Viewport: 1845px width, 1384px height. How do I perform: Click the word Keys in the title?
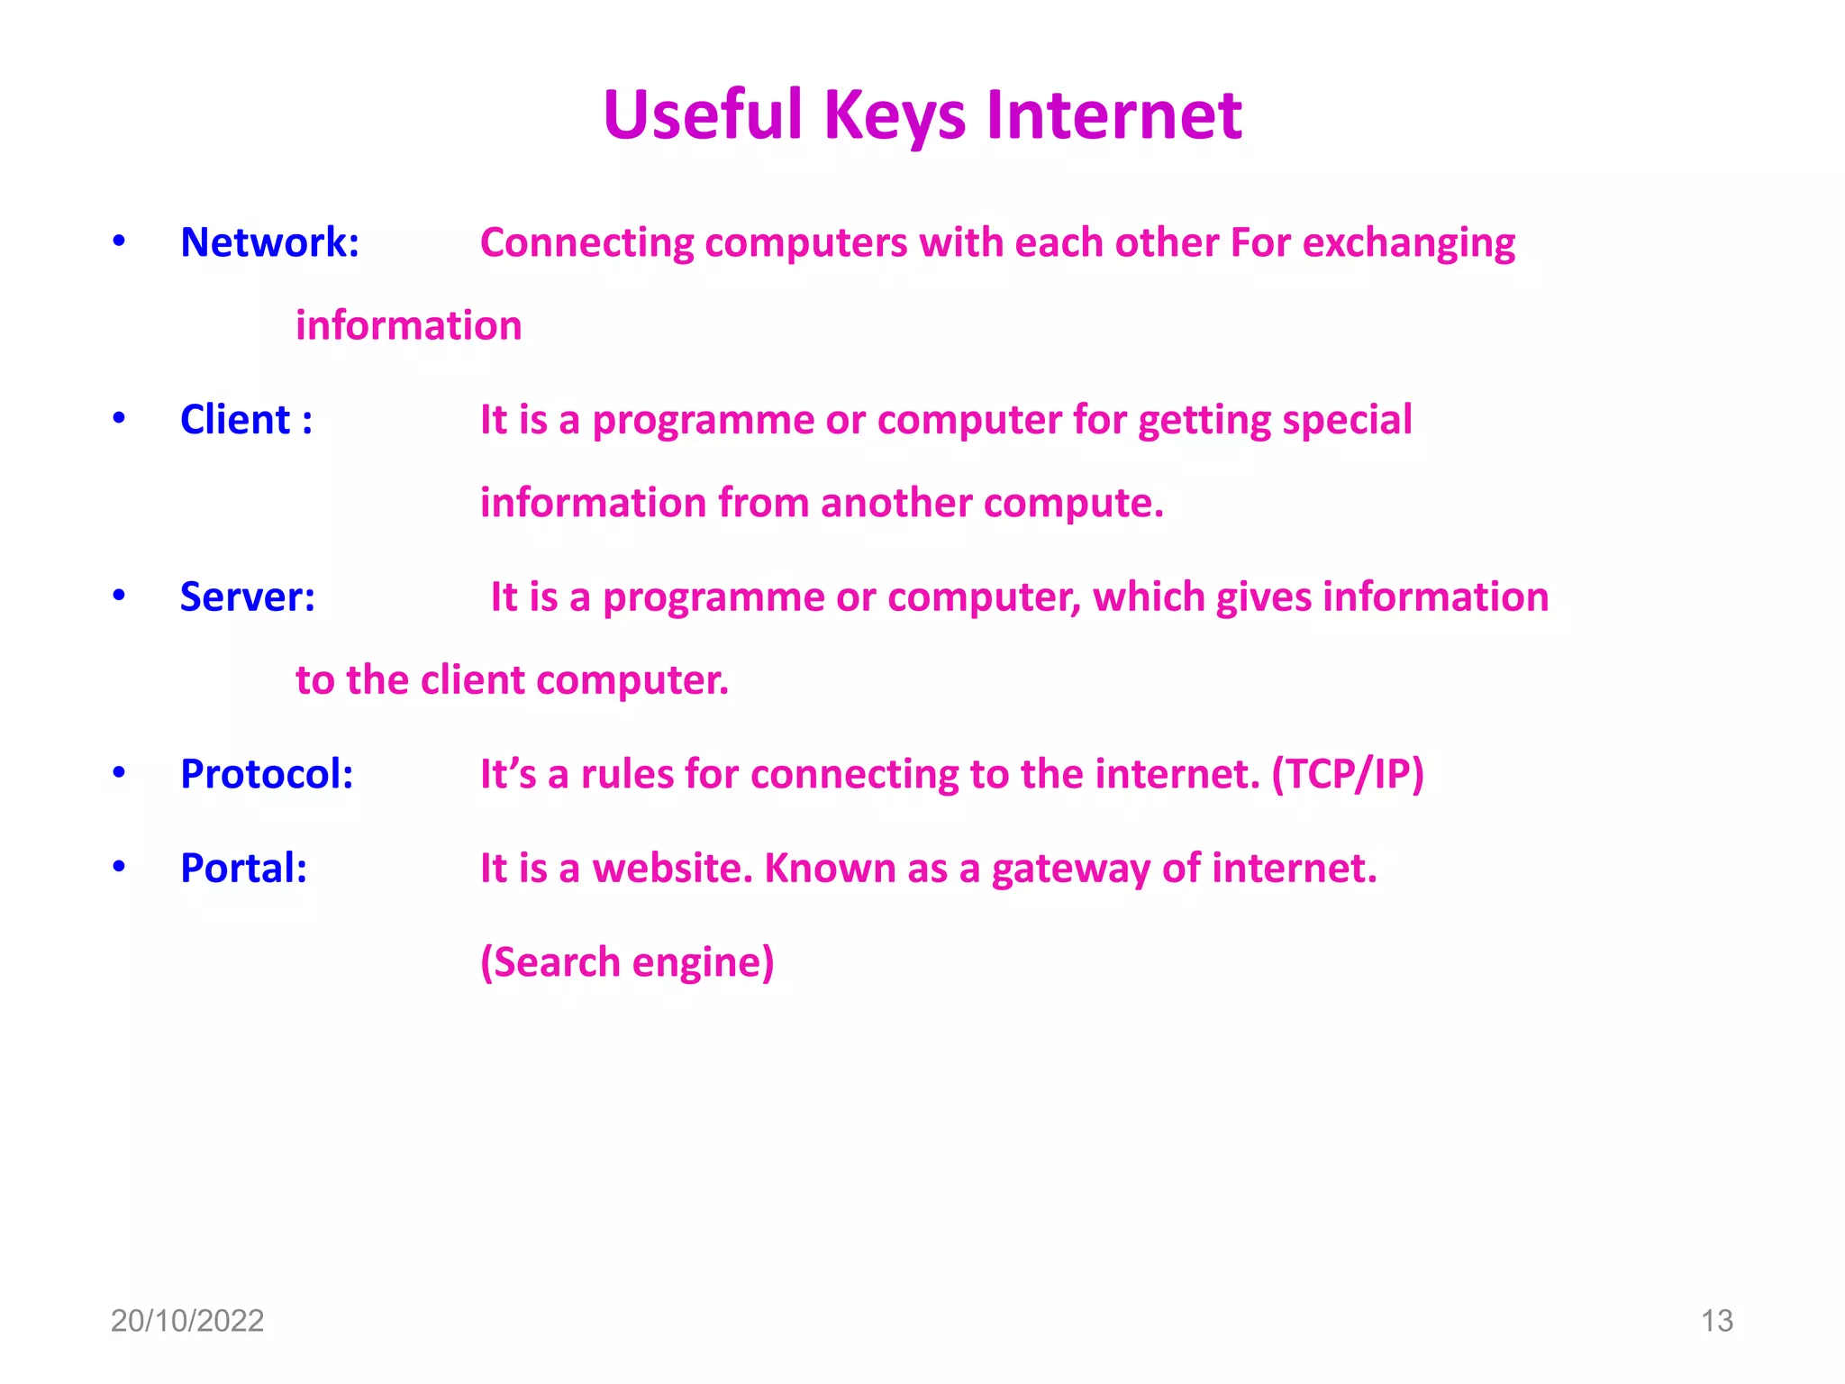point(894,117)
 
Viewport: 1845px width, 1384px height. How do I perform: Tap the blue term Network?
point(269,242)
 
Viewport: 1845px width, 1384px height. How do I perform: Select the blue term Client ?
point(246,420)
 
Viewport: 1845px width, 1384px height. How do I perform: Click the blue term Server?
point(248,597)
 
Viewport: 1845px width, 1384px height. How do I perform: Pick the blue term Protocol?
point(267,774)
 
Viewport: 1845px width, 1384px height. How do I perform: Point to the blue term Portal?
point(243,869)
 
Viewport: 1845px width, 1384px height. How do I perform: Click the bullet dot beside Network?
point(119,241)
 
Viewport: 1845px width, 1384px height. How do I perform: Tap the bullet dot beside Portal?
point(119,867)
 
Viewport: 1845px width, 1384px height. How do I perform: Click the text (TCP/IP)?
point(1347,774)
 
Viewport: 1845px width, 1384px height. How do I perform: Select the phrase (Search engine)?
point(627,962)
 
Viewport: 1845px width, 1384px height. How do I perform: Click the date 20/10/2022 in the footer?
point(186,1321)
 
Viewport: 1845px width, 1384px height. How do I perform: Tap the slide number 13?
point(1716,1321)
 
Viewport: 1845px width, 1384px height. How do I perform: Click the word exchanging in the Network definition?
point(1409,244)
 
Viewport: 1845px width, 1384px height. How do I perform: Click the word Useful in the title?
point(703,117)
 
